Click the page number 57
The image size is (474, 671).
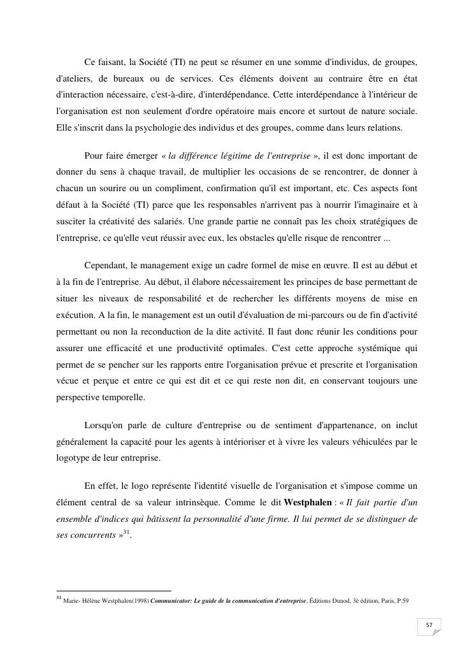(429, 625)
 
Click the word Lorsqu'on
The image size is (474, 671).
(105, 424)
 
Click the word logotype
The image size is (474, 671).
(75, 458)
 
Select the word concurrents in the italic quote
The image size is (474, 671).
(92, 535)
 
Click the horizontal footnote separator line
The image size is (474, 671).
(113, 591)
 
